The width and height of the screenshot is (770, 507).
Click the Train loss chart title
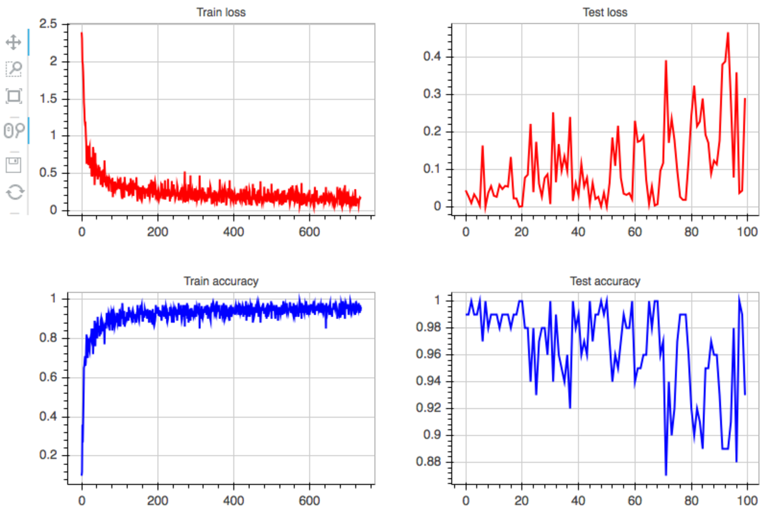(x=220, y=12)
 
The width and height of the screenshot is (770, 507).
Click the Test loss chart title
(x=605, y=12)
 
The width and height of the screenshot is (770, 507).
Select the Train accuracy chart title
(x=220, y=281)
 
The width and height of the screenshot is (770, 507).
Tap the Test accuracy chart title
(x=605, y=281)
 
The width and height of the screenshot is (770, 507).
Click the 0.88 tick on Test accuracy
(x=429, y=462)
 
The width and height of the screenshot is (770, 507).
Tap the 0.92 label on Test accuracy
(x=429, y=408)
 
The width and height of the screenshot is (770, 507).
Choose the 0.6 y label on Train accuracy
(x=53, y=377)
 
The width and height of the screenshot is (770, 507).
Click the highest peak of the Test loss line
(x=727, y=33)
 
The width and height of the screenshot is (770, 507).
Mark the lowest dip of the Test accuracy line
(x=666, y=474)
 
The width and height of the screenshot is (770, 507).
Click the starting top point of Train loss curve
(x=81, y=33)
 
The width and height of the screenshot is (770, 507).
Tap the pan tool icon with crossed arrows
(x=14, y=42)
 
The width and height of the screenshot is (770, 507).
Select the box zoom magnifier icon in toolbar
(x=14, y=69)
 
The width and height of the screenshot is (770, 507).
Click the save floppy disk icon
(x=14, y=165)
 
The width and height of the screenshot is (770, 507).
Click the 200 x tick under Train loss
(x=158, y=232)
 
